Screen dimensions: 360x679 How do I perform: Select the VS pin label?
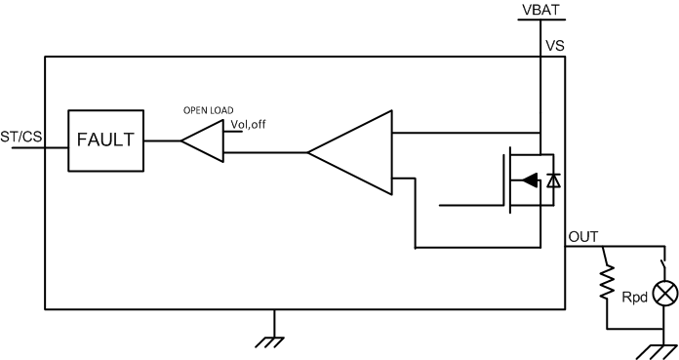click(553, 45)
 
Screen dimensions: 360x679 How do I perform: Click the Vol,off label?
click(249, 125)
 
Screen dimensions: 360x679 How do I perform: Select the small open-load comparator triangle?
click(206, 140)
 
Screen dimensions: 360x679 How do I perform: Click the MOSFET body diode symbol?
click(554, 180)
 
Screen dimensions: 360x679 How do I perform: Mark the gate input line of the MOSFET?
click(472, 206)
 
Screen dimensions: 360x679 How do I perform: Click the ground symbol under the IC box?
click(274, 339)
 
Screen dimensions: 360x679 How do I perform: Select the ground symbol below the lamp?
click(656, 349)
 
